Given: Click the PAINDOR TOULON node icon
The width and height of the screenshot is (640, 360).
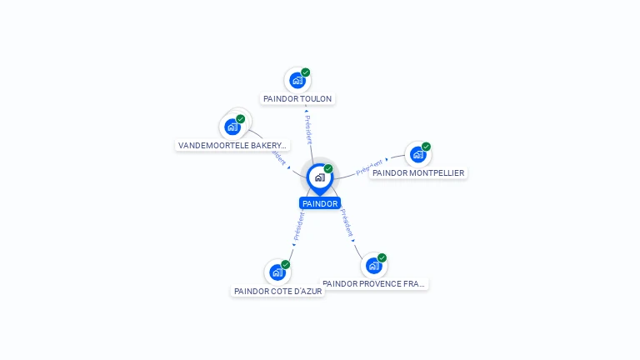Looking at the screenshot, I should pyautogui.click(x=297, y=81).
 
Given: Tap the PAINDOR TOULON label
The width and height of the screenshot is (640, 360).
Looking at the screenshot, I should pyautogui.click(x=297, y=99).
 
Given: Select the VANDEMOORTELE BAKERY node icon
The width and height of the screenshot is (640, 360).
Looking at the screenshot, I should pyautogui.click(x=232, y=127).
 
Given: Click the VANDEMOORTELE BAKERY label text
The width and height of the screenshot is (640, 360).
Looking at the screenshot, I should pyautogui.click(x=232, y=145).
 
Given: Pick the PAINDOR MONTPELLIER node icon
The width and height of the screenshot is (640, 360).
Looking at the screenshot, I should pyautogui.click(x=417, y=155).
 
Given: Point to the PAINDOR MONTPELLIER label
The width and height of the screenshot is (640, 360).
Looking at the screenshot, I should pyautogui.click(x=418, y=173).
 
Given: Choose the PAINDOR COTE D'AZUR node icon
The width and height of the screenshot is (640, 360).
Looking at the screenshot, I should pyautogui.click(x=277, y=272).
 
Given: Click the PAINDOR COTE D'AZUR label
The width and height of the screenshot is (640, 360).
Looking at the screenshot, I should pyautogui.click(x=277, y=292).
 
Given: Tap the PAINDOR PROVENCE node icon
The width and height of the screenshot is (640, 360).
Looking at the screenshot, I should pyautogui.click(x=373, y=266).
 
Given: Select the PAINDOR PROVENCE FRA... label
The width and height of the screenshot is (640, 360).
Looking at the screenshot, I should pyautogui.click(x=374, y=284).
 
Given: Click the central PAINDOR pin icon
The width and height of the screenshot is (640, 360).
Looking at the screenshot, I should pyautogui.click(x=319, y=177).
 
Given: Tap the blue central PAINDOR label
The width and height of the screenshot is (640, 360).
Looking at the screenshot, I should pyautogui.click(x=320, y=203).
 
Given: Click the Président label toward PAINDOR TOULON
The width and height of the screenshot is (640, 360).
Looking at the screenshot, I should pyautogui.click(x=308, y=130).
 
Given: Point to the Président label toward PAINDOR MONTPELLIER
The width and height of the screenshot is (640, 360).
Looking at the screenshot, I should pyautogui.click(x=369, y=167).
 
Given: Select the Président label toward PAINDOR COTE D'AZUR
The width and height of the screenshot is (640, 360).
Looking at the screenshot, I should pyautogui.click(x=299, y=226).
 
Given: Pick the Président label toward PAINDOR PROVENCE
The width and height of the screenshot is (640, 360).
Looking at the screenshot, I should pyautogui.click(x=347, y=222).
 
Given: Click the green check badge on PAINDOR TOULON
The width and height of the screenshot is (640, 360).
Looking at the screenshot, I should pyautogui.click(x=306, y=72).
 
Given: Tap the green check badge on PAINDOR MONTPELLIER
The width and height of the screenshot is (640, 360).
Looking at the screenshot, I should pyautogui.click(x=426, y=147).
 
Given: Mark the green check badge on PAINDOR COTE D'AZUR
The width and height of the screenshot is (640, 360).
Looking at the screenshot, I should pyautogui.click(x=285, y=264).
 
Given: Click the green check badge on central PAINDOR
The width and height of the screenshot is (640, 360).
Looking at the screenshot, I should pyautogui.click(x=328, y=169).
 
